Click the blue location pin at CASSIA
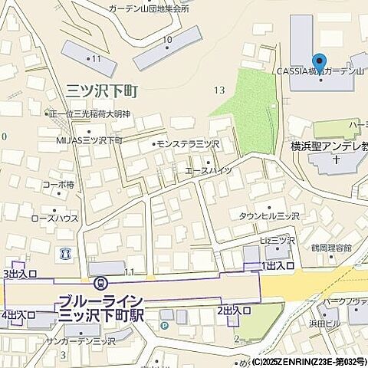(x=319, y=61)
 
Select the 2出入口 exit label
(x=234, y=310)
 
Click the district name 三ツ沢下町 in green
(x=102, y=91)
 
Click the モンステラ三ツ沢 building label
(x=187, y=143)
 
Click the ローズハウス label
(x=54, y=218)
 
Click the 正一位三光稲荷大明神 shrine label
(x=90, y=114)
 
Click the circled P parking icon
(x=164, y=326)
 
